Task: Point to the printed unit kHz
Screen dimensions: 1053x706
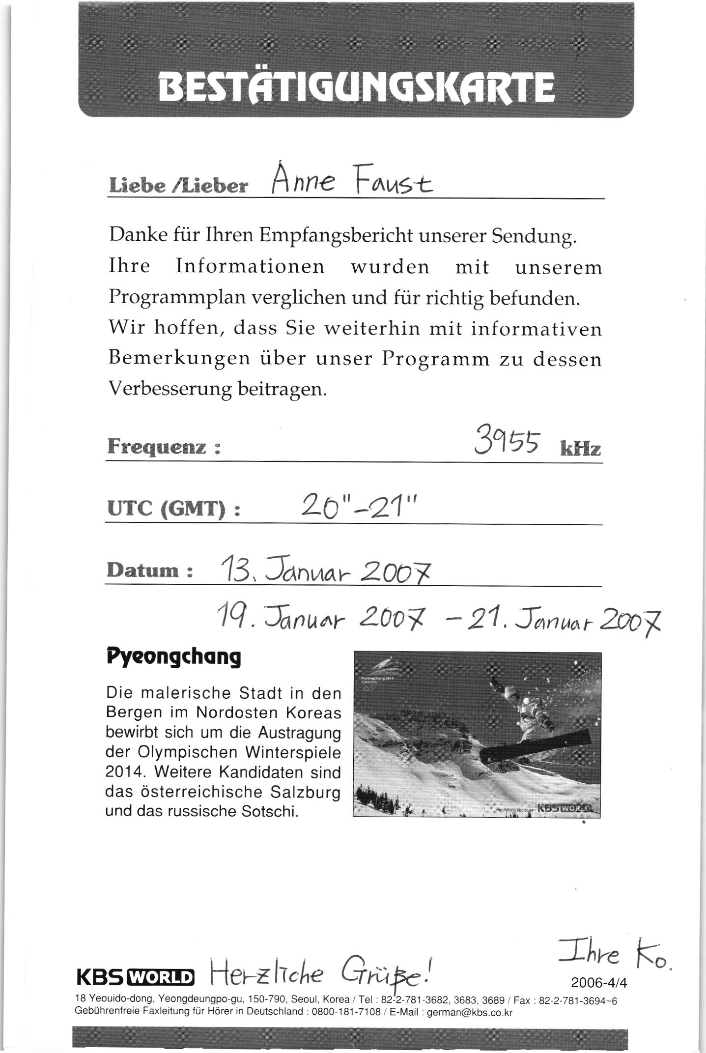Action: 580,448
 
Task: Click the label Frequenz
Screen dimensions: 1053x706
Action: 163,447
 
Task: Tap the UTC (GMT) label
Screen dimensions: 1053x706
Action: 173,509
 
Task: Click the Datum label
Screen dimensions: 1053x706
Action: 148,570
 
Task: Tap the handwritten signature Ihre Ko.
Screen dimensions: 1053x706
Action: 612,956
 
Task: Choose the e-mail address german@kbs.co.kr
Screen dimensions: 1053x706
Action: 470,1012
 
